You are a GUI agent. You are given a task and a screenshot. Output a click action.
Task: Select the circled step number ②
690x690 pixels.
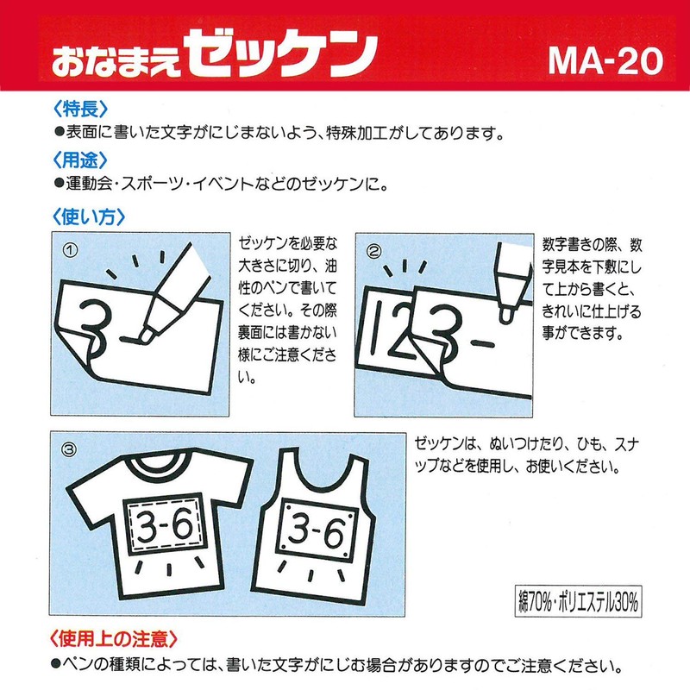click(374, 252)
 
